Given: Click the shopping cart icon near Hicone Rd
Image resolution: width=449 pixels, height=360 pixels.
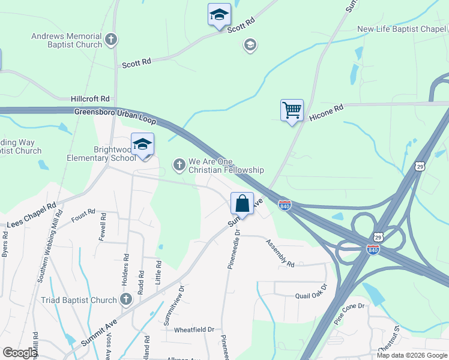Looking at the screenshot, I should (x=292, y=110).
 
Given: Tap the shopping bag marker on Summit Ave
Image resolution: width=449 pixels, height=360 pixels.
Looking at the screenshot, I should (x=243, y=203).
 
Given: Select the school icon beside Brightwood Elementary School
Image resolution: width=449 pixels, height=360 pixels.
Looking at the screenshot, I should (x=143, y=145).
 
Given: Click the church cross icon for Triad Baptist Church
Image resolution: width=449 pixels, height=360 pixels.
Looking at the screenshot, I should (x=126, y=299).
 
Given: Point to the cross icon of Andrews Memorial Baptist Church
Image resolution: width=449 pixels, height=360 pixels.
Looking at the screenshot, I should (x=110, y=40).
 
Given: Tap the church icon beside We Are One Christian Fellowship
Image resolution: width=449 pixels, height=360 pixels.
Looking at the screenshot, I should (x=179, y=164).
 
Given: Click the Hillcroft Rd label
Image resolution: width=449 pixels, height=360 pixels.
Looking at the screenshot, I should (x=90, y=98).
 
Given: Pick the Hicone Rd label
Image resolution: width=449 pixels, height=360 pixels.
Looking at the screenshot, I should (x=326, y=113).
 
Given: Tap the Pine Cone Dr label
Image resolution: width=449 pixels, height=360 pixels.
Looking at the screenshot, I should (x=349, y=314).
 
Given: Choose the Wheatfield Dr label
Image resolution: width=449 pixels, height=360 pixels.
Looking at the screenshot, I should (x=194, y=329).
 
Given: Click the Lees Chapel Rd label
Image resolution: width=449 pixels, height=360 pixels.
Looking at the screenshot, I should (x=31, y=215).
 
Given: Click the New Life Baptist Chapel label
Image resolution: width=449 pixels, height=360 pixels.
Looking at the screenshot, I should (x=402, y=29).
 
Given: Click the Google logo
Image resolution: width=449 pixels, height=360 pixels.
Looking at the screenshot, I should (x=20, y=353).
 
